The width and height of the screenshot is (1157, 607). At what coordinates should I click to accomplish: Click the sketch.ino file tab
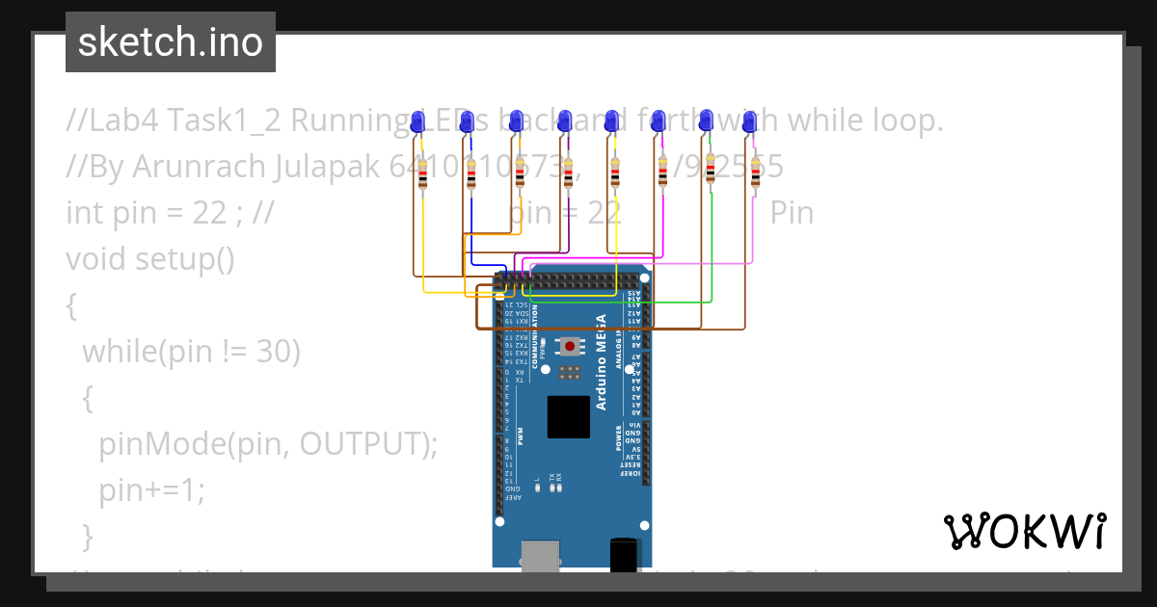(x=171, y=42)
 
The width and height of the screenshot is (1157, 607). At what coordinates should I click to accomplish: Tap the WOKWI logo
(x=1024, y=531)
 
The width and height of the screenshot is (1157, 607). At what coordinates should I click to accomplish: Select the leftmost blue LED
(x=417, y=121)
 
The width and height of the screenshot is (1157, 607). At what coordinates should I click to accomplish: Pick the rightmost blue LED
(x=749, y=121)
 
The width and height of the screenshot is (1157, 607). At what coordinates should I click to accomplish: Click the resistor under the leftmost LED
(x=422, y=176)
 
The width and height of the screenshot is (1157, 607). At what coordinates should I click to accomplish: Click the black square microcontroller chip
(x=569, y=416)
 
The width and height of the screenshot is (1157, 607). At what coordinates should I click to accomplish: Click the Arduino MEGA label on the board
(x=601, y=362)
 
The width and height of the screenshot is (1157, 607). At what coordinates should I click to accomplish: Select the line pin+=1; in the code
(x=152, y=490)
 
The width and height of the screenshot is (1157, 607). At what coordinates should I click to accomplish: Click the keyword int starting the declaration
(x=85, y=213)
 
